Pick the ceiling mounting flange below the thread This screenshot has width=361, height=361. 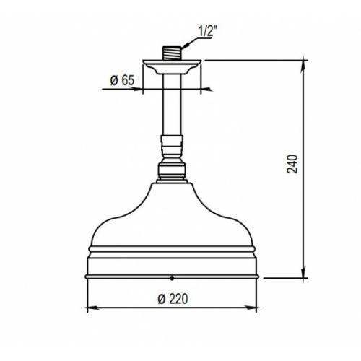tap(173, 67)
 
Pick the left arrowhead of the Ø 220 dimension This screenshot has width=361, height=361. tap(90, 308)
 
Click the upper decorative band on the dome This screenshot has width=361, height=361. tap(172, 249)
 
